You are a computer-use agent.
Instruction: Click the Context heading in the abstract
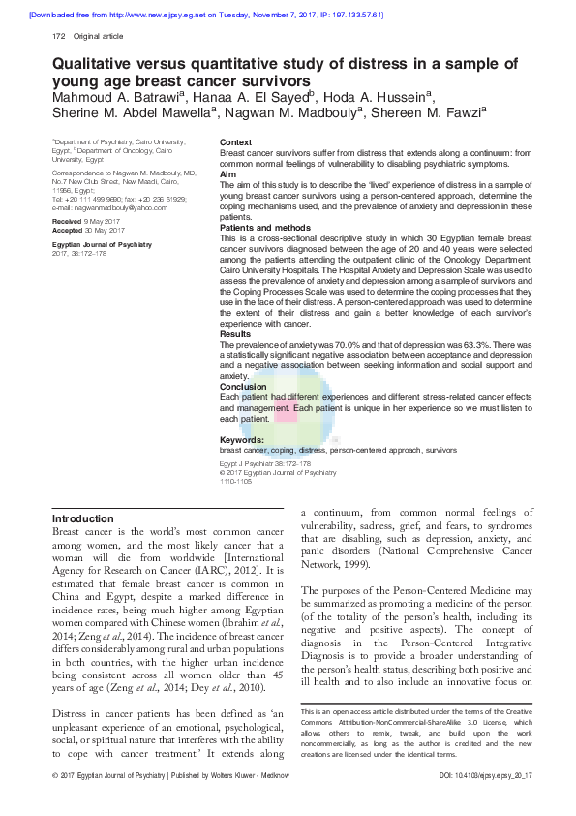[x=236, y=142]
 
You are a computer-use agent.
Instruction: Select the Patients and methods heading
[x=261, y=228]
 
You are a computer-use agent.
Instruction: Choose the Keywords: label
[x=242, y=440]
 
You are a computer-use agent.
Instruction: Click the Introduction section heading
[x=82, y=518]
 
